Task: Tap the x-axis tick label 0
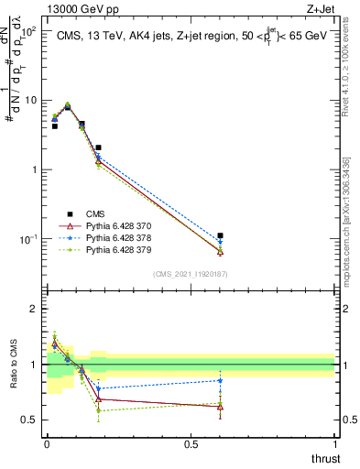[46, 443]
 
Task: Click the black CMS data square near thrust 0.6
[220, 235]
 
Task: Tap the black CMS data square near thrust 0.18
[98, 147]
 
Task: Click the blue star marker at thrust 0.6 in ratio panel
[220, 380]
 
